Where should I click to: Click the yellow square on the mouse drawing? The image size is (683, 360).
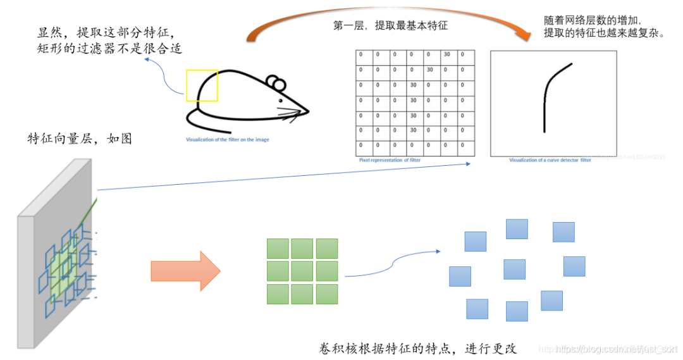(202, 85)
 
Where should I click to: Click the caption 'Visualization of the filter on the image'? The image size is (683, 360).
(227, 139)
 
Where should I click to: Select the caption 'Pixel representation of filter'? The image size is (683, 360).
(389, 161)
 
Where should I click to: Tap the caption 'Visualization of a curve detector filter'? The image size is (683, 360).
(550, 161)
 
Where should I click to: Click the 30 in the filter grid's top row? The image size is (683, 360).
(446, 54)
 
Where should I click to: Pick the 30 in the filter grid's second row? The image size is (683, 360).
(430, 70)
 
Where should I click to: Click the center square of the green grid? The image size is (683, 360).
(302, 271)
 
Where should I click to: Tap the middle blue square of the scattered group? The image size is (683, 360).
(514, 269)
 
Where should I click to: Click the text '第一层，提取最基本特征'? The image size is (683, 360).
(390, 26)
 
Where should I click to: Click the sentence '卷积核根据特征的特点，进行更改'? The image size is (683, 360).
(418, 348)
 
